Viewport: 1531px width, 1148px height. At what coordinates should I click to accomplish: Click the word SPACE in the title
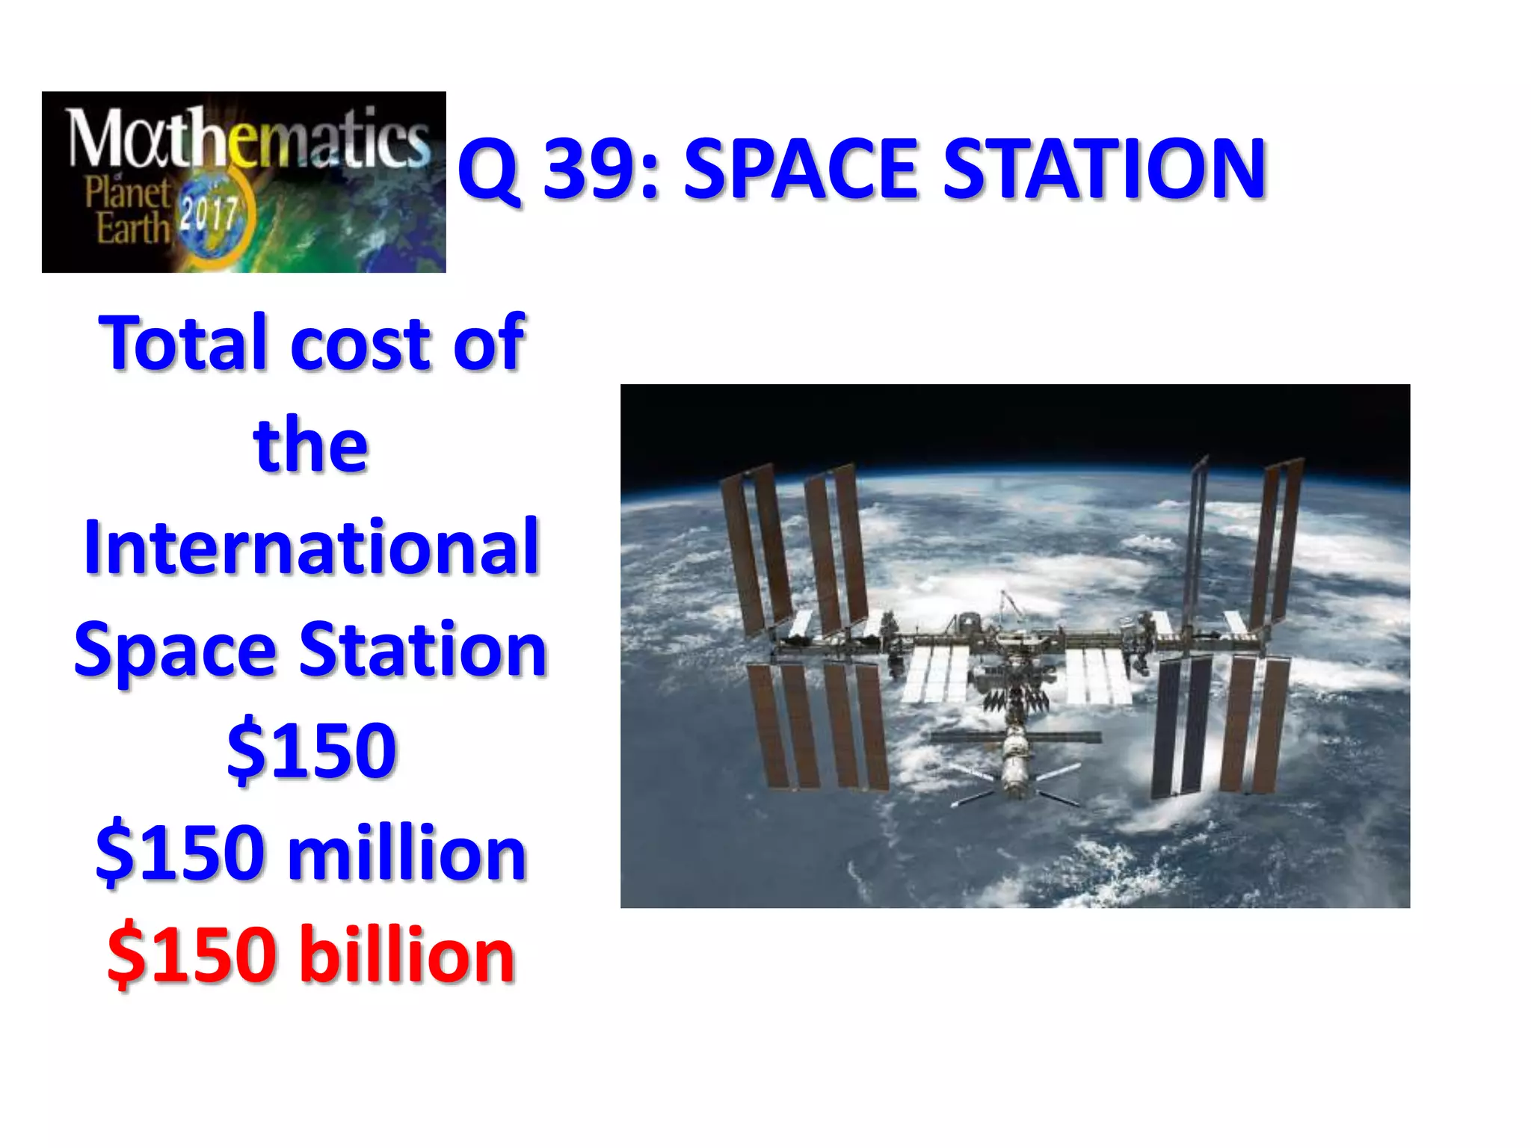point(800,170)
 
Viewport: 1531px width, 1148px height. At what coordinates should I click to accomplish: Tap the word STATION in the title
point(1104,170)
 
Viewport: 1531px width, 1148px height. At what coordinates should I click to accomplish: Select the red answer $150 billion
point(311,955)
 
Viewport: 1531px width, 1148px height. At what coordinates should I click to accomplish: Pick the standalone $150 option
point(311,750)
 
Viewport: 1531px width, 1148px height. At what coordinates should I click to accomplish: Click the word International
point(311,547)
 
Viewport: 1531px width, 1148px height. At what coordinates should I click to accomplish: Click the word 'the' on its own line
point(311,445)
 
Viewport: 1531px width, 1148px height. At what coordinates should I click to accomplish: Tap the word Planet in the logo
point(128,193)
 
